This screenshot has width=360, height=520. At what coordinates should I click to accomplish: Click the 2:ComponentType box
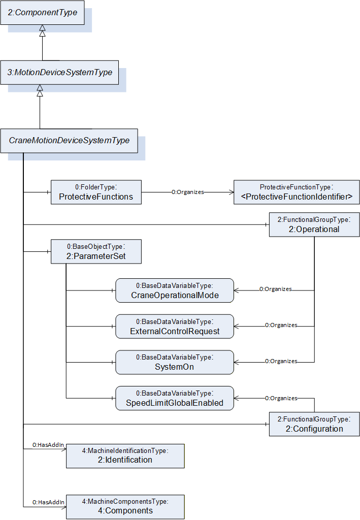43,13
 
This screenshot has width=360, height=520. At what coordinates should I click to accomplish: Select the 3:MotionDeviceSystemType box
60,72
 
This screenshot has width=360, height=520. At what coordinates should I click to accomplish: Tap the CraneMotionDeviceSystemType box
69,141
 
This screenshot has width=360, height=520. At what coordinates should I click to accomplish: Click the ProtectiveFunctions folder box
96,192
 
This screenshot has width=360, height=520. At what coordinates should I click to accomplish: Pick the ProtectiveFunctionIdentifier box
297,192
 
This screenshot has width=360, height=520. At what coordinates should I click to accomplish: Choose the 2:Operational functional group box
314,224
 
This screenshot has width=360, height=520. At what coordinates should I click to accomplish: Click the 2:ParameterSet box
96,252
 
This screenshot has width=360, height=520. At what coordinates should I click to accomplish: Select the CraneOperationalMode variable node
175,290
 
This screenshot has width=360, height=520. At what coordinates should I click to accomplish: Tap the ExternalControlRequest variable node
175,327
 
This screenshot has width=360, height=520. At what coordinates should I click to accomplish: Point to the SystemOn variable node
175,362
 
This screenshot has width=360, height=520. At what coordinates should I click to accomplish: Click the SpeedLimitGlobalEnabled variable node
175,398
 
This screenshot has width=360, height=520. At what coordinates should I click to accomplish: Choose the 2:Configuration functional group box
314,424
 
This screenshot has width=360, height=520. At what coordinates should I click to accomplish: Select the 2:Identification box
125,456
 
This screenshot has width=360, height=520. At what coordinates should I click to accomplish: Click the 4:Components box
125,507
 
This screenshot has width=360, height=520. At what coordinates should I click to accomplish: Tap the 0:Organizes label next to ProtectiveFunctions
188,192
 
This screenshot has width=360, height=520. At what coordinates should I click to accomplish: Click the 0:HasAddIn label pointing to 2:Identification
48,445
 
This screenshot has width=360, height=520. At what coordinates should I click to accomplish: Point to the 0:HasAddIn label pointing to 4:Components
48,502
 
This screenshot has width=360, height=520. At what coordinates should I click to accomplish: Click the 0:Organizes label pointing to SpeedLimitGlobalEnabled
281,398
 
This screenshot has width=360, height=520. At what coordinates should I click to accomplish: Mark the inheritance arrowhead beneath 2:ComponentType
42,30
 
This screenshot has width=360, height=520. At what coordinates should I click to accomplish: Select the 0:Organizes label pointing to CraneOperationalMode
276,289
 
